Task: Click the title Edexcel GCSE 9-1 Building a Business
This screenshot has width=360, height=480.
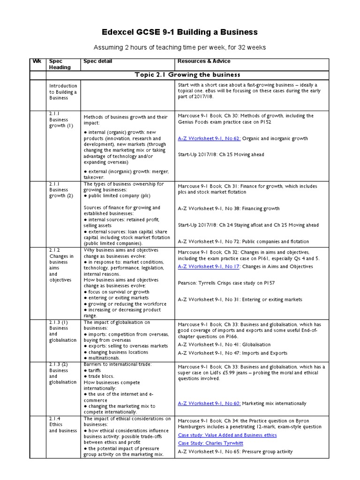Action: (x=180, y=32)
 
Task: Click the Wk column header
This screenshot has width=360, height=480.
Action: (x=37, y=61)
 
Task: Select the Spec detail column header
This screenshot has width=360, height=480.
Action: (x=97, y=61)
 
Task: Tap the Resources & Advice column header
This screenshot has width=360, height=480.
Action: (x=204, y=61)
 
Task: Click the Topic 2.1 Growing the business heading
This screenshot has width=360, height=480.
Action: (x=187, y=75)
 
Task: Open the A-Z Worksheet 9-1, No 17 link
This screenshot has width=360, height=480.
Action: (x=209, y=266)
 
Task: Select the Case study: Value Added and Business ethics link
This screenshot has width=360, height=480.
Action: (x=227, y=435)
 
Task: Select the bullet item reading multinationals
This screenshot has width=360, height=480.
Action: (x=104, y=358)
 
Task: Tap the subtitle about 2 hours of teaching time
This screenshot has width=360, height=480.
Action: (x=180, y=47)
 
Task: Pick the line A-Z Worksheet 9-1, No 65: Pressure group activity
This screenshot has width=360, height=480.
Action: (x=235, y=452)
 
